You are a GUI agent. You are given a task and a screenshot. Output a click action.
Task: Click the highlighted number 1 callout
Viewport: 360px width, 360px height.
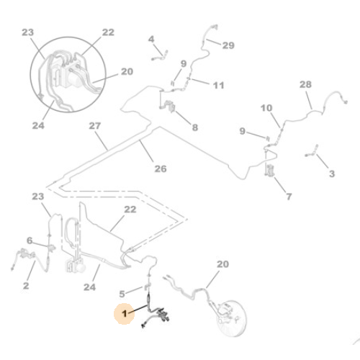[124, 314]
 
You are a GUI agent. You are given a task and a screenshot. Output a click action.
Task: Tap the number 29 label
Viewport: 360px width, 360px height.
[228, 45]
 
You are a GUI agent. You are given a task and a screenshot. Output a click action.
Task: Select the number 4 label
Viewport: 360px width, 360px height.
[151, 39]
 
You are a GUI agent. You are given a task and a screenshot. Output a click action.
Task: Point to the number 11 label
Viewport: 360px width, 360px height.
[219, 85]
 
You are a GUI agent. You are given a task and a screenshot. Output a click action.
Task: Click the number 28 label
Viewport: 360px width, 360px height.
[305, 84]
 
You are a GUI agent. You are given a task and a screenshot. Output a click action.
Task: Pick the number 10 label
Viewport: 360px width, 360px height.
[266, 108]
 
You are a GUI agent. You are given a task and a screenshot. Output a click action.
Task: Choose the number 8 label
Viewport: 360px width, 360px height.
[195, 127]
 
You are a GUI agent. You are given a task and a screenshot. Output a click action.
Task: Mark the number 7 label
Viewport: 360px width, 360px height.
[289, 197]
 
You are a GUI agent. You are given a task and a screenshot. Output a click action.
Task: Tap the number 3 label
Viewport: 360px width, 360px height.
[332, 174]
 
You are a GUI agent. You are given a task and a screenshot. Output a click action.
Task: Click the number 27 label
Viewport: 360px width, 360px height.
[95, 126]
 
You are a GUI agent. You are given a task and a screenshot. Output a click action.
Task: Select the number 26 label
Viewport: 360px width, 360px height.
[161, 168]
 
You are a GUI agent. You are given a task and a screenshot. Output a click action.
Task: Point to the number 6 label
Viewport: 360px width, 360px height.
[30, 240]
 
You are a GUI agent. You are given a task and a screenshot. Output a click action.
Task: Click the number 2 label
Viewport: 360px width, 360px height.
[26, 286]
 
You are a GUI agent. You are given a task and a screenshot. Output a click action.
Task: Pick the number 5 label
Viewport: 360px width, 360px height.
[122, 294]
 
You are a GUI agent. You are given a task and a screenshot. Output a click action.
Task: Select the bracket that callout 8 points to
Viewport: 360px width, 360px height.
[170, 107]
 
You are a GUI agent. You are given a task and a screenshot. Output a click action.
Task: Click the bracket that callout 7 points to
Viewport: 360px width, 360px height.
[270, 170]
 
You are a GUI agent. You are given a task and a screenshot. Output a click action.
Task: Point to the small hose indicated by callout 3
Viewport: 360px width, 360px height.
[312, 151]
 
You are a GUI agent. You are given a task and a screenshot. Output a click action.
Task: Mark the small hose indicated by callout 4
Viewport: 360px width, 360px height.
[160, 56]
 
